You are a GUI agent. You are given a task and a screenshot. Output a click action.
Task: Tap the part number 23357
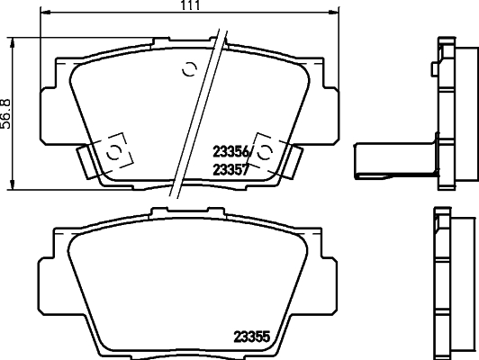tap(231, 167)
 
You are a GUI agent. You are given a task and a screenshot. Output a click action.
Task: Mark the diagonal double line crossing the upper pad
tap(196, 117)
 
